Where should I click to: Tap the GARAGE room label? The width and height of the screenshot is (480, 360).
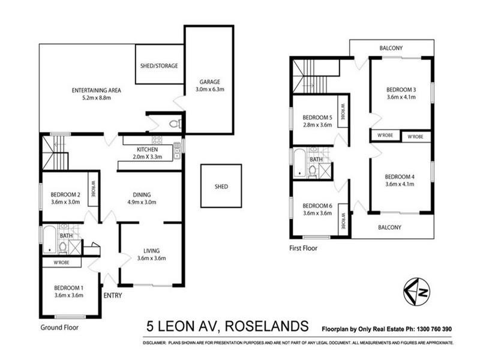click(206, 82)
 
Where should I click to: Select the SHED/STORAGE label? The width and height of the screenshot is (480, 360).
click(159, 65)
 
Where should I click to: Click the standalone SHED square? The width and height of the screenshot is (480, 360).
click(221, 187)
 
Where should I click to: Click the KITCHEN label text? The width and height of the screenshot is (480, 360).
click(147, 149)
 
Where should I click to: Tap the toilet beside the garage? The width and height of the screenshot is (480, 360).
click(173, 124)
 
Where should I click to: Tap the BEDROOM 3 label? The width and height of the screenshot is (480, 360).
click(400, 90)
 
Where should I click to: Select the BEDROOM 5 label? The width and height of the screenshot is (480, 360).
click(316, 117)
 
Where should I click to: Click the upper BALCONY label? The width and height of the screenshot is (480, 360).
click(391, 48)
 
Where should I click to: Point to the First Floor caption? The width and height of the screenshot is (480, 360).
click(303, 247)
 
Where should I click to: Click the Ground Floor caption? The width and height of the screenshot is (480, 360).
click(59, 328)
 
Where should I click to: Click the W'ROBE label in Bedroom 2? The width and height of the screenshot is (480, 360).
click(93, 190)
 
